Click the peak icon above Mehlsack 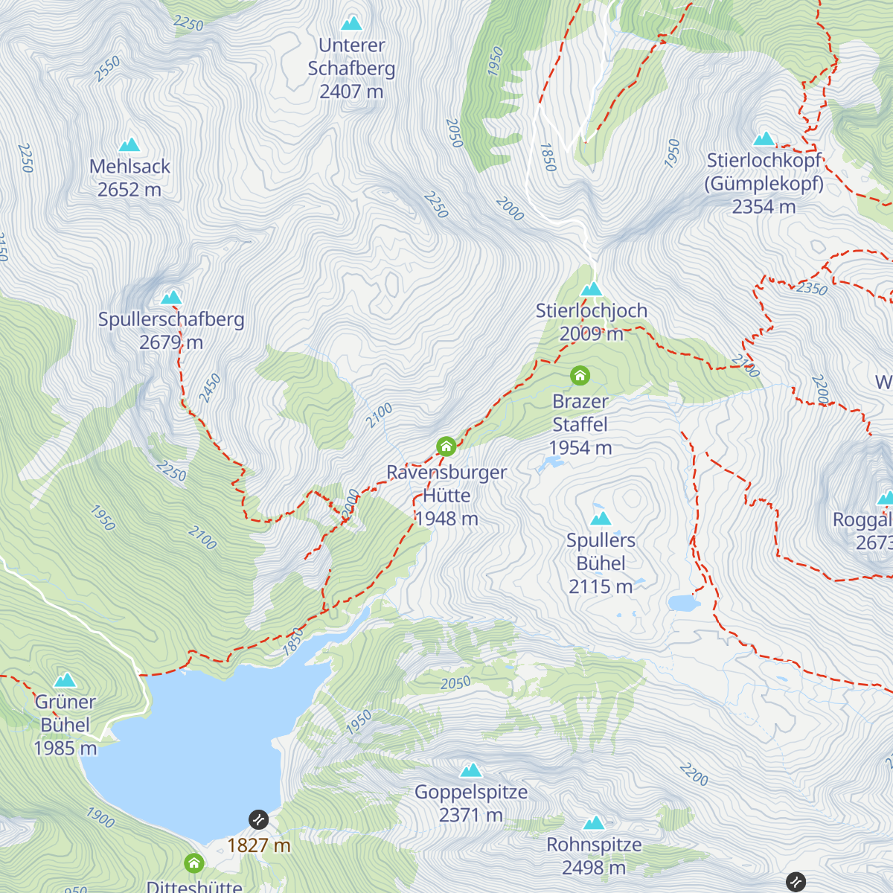pyautogui.click(x=129, y=144)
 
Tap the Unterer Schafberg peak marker pyautogui.click(x=351, y=23)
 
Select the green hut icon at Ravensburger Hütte pyautogui.click(x=446, y=446)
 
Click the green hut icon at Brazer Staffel pyautogui.click(x=580, y=376)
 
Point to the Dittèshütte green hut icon pyautogui.click(x=194, y=863)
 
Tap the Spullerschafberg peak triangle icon pyautogui.click(x=172, y=298)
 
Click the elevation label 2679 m pyautogui.click(x=171, y=342)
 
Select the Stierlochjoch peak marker pyautogui.click(x=592, y=289)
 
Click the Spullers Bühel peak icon pyautogui.click(x=601, y=518)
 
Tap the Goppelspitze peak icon pyautogui.click(x=470, y=770)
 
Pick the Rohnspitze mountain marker pyautogui.click(x=594, y=823)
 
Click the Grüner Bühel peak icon pyautogui.click(x=65, y=680)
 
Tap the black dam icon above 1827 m pyautogui.click(x=258, y=819)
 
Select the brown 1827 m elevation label pyautogui.click(x=258, y=845)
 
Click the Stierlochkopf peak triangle pyautogui.click(x=764, y=139)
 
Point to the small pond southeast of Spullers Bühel pyautogui.click(x=684, y=603)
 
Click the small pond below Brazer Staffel pyautogui.click(x=551, y=464)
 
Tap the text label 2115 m pyautogui.click(x=601, y=586)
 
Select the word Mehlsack pyautogui.click(x=129, y=167)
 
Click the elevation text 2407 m pyautogui.click(x=351, y=92)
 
